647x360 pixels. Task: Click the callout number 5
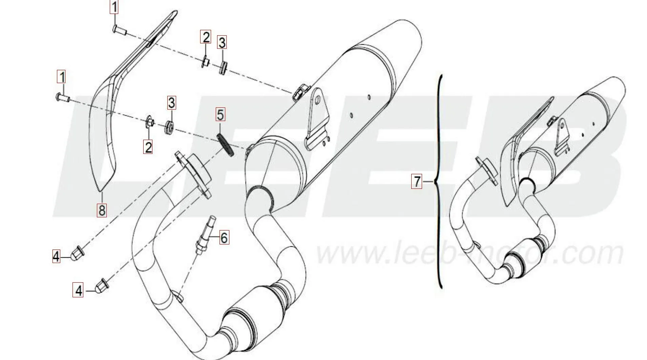[220, 115]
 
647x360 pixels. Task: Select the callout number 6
[224, 238]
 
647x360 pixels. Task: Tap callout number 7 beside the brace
[417, 181]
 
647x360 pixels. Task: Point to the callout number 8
[102, 210]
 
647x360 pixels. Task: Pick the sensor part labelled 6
[204, 235]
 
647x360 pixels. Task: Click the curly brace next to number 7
[439, 181]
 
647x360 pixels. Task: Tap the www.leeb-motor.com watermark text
[469, 253]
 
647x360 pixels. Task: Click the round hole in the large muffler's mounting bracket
[317, 100]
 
